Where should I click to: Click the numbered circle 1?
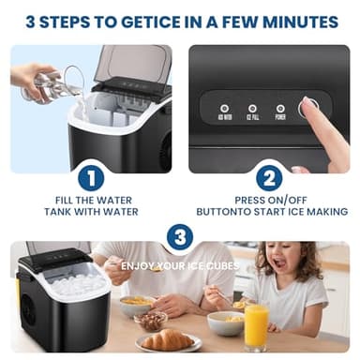point(90,178)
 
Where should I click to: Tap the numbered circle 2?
point(269,178)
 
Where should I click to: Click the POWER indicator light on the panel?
point(279,109)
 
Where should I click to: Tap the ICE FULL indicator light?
point(251,109)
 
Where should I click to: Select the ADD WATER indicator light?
point(223,109)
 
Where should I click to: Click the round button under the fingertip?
point(308,109)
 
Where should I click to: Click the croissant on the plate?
point(169,338)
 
